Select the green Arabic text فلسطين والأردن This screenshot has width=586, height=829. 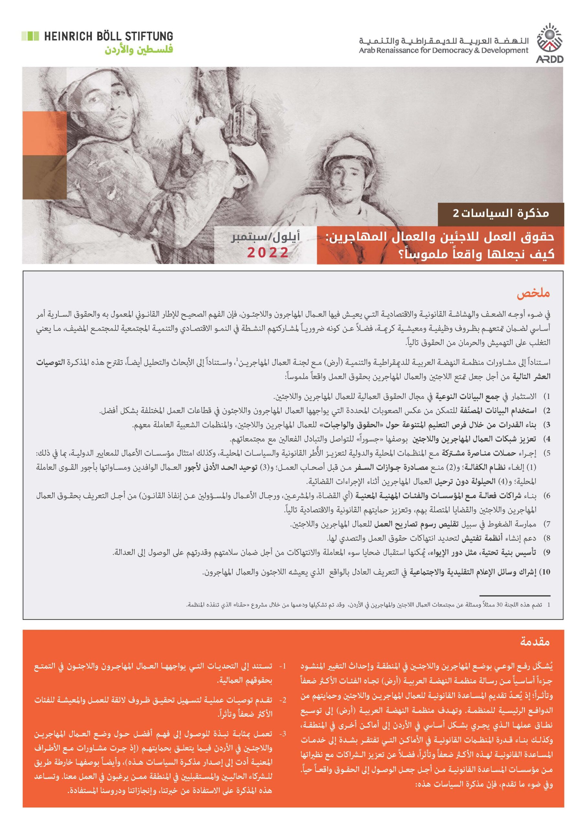click(139, 49)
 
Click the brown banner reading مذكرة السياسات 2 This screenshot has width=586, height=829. click(501, 214)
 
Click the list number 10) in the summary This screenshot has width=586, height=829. click(546, 572)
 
